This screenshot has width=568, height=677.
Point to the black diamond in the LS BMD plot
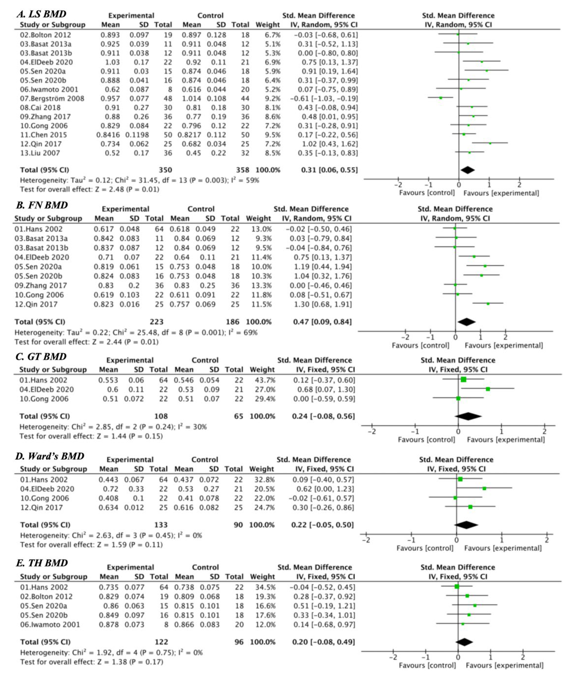[468, 170]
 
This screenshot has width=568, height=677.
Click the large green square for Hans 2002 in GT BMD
[463, 380]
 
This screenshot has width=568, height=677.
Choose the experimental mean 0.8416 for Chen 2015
[108, 135]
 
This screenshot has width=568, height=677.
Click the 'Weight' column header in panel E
[262, 577]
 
